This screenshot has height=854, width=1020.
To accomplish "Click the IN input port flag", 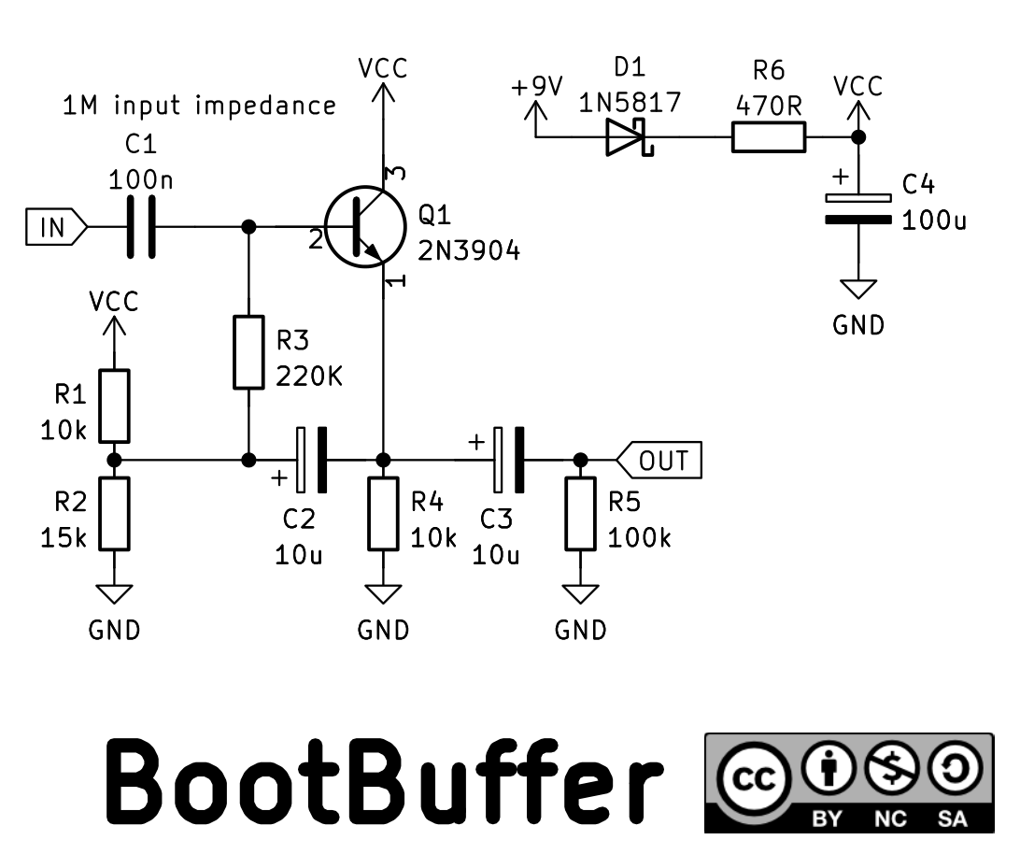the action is tap(56, 227).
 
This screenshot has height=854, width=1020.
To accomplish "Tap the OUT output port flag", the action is tap(659, 461).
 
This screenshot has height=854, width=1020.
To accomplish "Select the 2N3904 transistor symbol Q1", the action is tap(365, 226).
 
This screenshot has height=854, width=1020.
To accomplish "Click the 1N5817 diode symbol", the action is tap(629, 136).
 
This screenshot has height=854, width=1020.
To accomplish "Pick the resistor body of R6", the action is tap(769, 136).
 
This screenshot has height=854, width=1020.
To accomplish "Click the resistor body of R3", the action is tap(248, 352).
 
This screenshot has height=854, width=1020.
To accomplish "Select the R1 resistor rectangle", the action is tap(114, 406).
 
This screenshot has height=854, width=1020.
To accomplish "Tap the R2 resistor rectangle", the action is tap(114, 514).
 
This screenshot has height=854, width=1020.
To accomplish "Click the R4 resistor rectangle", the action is tap(383, 514).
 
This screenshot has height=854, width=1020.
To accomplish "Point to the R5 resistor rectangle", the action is tap(580, 514).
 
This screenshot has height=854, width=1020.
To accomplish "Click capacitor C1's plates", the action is tap(141, 227).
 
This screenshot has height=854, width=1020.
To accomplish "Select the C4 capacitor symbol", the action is tap(858, 208).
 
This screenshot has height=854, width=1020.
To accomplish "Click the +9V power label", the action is tap(537, 86).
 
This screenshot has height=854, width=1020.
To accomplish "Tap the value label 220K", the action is tap(309, 377).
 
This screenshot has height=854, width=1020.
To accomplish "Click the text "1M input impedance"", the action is tap(199, 106).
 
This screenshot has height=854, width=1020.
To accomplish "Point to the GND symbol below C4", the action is tap(858, 289).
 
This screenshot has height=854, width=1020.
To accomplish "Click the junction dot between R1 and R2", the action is tap(114, 461).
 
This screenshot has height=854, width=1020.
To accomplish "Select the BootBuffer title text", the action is tap(384, 780).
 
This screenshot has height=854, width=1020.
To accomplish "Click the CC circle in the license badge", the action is tap(755, 777).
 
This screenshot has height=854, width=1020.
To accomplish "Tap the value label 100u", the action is tap(934, 221).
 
